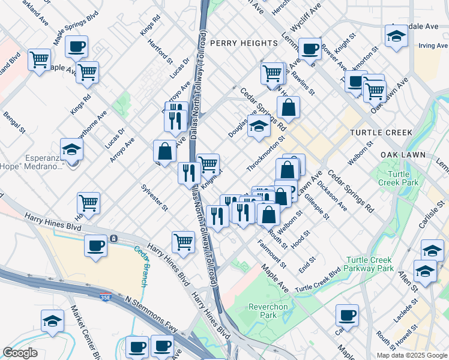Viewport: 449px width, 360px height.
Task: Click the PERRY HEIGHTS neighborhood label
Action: point(244,43)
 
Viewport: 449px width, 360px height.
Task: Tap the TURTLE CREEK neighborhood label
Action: point(381,133)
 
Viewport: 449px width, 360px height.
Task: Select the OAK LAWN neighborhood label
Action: point(403,155)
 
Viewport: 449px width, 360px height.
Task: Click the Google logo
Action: point(20,353)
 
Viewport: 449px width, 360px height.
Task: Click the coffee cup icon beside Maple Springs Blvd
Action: point(76,46)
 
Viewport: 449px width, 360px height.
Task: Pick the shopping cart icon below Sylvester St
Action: point(183,242)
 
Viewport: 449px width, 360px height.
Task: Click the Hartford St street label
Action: point(161,53)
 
